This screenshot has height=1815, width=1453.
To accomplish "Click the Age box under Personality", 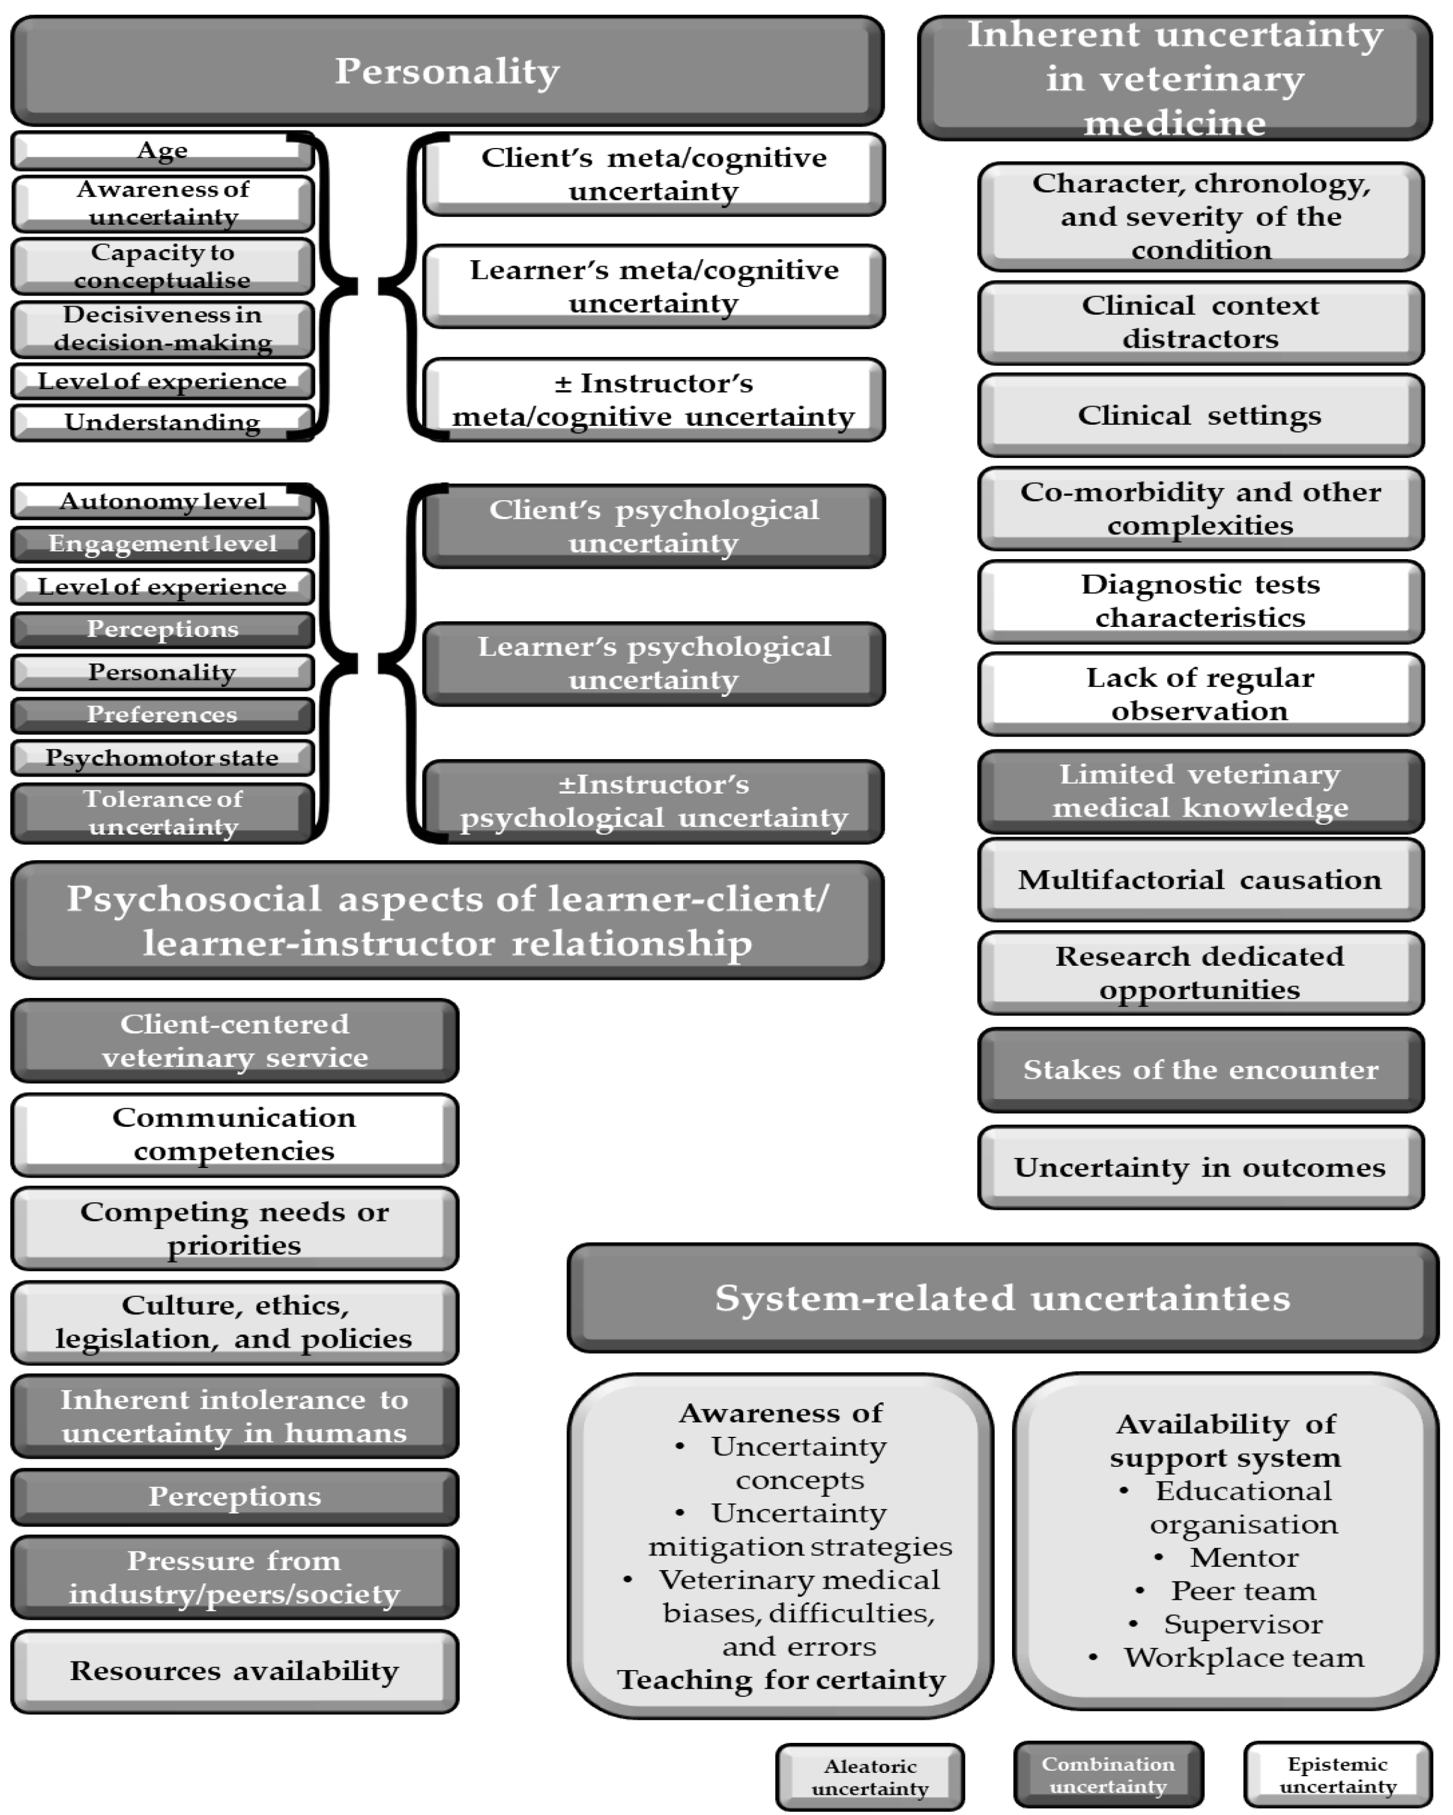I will pyautogui.click(x=162, y=151).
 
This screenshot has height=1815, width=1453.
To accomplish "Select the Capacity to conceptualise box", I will pyautogui.click(x=162, y=266).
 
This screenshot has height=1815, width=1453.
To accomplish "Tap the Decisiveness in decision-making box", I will pyautogui.click(x=162, y=328).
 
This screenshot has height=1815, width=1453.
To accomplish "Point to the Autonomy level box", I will pyautogui.click(x=162, y=502).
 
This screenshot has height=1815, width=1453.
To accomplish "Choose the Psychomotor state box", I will pyautogui.click(x=162, y=757).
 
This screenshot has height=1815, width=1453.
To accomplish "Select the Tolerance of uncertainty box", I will pyautogui.click(x=162, y=812).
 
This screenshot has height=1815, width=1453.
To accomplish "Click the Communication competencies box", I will pyautogui.click(x=234, y=1134).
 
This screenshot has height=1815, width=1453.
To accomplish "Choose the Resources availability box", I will pyautogui.click(x=234, y=1671).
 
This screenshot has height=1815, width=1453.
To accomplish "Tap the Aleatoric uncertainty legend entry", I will pyautogui.click(x=869, y=1777).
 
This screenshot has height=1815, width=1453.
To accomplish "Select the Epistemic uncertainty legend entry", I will pyautogui.click(x=1338, y=1776).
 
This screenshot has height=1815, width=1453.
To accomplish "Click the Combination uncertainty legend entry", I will pyautogui.click(x=1108, y=1776).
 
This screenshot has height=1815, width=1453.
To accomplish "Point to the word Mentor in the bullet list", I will pyautogui.click(x=1243, y=1558).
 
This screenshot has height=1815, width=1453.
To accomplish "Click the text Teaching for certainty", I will pyautogui.click(x=781, y=1679).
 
